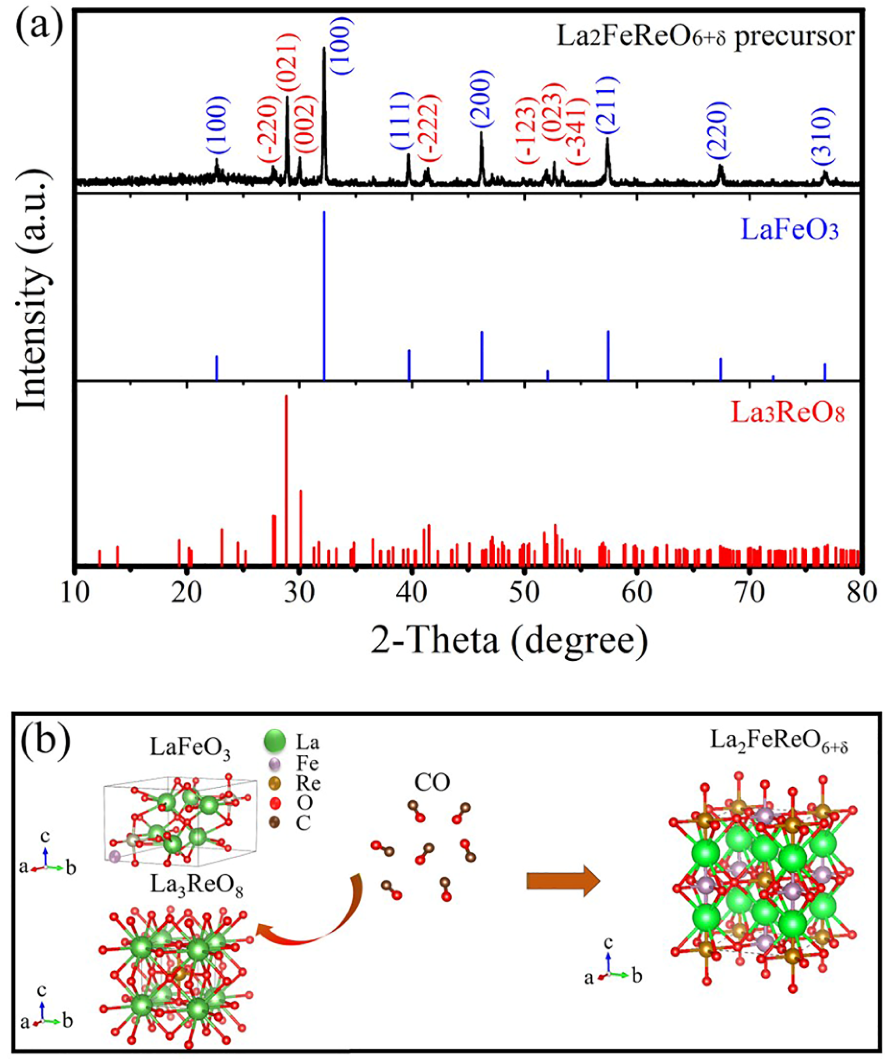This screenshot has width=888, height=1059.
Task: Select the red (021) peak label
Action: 288,63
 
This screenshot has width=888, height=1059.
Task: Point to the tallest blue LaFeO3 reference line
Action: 324,295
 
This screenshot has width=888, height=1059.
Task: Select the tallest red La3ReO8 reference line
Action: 286,479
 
